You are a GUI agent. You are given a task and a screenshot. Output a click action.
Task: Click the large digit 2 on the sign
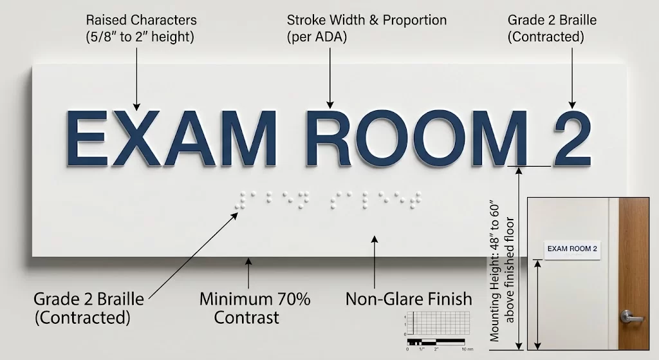[x=572, y=138]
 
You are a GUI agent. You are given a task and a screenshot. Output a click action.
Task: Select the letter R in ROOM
[x=328, y=138]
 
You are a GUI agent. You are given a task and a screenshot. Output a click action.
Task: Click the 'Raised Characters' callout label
[x=140, y=28]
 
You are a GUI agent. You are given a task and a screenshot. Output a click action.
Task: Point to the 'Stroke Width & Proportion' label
[x=366, y=28]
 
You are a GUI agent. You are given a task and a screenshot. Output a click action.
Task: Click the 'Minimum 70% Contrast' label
[x=254, y=308]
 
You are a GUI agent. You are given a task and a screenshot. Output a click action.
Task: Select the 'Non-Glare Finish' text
[x=409, y=299]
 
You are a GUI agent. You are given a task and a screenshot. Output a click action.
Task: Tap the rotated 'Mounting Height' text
[x=501, y=272]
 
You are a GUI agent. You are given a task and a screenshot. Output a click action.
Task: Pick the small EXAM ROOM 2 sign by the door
[x=572, y=250]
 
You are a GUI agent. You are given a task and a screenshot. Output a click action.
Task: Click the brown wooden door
[x=634, y=273]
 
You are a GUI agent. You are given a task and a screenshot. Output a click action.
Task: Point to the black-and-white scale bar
[x=436, y=342]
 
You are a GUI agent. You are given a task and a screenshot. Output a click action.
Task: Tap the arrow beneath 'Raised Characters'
[x=136, y=79]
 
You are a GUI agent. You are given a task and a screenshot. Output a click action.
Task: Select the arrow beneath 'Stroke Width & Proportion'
[x=330, y=78]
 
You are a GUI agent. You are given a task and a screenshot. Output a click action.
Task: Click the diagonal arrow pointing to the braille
[x=194, y=256]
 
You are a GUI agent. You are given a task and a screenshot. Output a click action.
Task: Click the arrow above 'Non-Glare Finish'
[x=374, y=262]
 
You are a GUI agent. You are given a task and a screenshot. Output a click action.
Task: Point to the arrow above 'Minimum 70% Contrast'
[x=248, y=273]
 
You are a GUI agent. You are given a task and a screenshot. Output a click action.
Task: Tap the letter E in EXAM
[x=87, y=138]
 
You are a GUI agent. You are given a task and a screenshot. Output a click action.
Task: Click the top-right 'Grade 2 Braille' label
[x=552, y=28]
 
